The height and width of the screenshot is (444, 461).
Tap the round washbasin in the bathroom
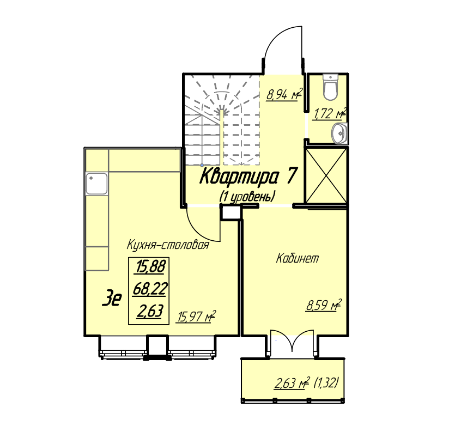click(x=339, y=133)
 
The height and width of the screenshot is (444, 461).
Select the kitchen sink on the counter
click(x=96, y=184)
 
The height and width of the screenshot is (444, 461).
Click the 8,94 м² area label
click(x=284, y=95)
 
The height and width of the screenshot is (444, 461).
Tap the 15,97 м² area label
click(x=196, y=317)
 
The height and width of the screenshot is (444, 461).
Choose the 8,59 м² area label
click(x=324, y=305)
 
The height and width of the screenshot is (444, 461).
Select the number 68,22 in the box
click(x=150, y=289)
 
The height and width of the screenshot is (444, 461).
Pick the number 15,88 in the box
click(x=150, y=266)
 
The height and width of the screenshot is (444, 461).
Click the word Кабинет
click(x=298, y=259)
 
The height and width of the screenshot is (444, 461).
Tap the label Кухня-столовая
click(x=168, y=245)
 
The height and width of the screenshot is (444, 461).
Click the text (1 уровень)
click(x=247, y=197)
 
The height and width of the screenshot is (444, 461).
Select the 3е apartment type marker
click(x=112, y=298)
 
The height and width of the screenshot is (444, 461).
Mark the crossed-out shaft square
click(x=326, y=175)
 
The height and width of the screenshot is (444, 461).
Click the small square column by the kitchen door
click(x=231, y=212)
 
